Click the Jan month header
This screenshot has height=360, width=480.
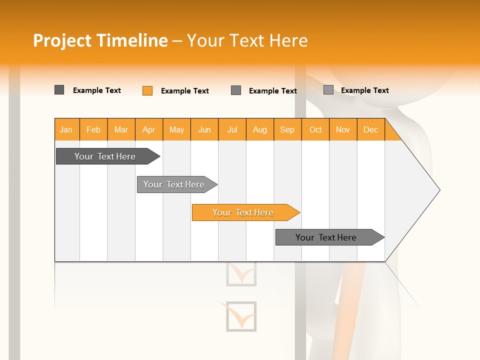66,130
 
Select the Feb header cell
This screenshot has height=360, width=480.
93,130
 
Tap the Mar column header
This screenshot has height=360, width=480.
121,130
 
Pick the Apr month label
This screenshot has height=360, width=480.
149,130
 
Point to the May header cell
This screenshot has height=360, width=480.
176,130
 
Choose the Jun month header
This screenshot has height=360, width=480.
204,130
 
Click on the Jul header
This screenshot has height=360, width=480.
232,130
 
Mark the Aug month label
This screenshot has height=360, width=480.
260,130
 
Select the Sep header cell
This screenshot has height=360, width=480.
287,130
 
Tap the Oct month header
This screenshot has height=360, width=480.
315,130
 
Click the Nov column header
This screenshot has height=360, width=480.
343,130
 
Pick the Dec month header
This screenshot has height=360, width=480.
371,130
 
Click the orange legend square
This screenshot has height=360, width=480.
147,90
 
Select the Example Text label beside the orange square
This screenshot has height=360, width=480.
185,91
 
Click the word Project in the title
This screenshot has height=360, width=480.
63,40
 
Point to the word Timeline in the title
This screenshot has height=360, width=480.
132,40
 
